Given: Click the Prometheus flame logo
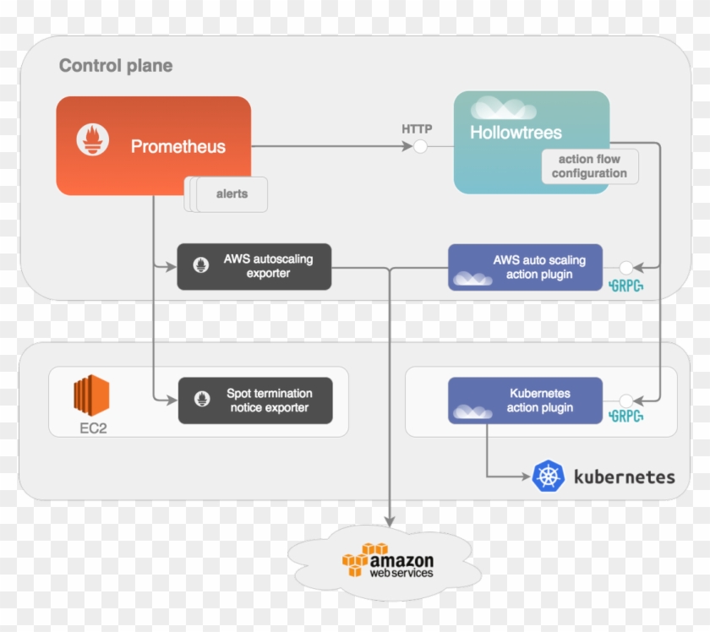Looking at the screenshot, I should click(93, 139).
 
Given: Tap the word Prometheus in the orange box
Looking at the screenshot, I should click(177, 147).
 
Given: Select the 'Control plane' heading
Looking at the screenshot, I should click(116, 66).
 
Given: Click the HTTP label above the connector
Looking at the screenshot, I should click(417, 129).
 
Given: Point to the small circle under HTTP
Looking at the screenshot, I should click(419, 147).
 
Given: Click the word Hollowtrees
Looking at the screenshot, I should click(516, 133).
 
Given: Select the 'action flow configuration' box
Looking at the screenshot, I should click(589, 166).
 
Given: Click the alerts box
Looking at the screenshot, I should click(232, 194).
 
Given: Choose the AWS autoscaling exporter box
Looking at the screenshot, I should click(254, 267).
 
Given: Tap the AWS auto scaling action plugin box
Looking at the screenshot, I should click(526, 267).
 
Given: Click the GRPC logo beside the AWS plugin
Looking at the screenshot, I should click(626, 285).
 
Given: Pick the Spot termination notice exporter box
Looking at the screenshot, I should click(255, 400).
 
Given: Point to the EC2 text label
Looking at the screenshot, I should click(93, 428).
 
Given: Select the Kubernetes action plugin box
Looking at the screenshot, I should click(526, 400).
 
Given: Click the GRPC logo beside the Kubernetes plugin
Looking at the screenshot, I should click(626, 417).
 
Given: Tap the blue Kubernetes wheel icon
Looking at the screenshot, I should click(548, 477).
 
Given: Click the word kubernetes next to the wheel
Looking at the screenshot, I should click(625, 477).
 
